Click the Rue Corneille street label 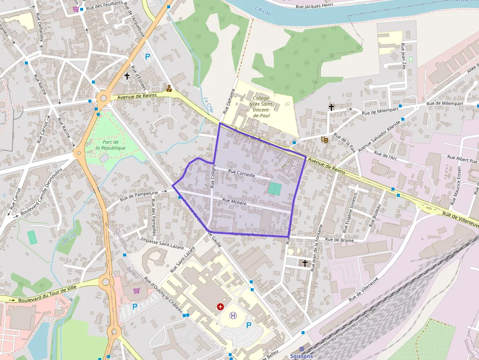[241, 174]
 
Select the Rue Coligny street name [213, 176]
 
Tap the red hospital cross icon [220, 306]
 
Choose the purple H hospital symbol [233, 316]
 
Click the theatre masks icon [324, 139]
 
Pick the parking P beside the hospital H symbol [249, 325]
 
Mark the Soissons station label [302, 356]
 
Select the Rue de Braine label [339, 240]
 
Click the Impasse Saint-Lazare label [162, 243]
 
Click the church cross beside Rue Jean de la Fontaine [305, 263]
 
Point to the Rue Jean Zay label [403, 56]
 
